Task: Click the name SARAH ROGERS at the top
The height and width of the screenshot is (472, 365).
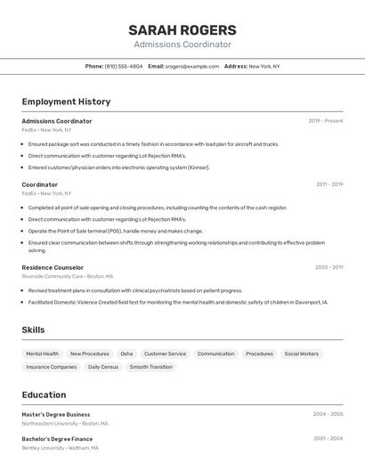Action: pos(182,30)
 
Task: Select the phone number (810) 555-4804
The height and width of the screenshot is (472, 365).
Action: pos(124,67)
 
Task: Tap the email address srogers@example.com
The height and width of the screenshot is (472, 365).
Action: pos(191,67)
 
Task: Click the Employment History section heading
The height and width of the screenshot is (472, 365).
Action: pos(66,102)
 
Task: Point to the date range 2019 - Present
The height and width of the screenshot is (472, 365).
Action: pos(326,121)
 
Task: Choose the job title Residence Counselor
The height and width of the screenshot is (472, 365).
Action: pos(53,267)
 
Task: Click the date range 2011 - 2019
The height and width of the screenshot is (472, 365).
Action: pos(329,184)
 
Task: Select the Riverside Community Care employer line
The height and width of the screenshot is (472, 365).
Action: pos(68,277)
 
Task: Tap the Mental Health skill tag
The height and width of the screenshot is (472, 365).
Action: pos(43,354)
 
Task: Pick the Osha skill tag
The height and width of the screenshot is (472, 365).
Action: pos(126,354)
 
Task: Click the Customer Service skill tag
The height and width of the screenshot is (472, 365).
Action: pos(165,354)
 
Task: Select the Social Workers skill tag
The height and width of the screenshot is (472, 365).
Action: pos(301,354)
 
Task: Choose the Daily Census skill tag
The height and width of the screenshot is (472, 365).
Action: pos(103,367)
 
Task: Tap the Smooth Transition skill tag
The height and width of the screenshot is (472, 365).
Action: pos(151,367)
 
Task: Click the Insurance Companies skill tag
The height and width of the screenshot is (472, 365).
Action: pos(52,367)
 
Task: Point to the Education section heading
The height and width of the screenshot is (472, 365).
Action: pos(44,395)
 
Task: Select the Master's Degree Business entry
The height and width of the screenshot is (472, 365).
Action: pos(56,414)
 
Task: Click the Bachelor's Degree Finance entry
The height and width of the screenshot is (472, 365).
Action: pos(57,438)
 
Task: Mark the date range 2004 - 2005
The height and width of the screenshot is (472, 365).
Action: pos(328,414)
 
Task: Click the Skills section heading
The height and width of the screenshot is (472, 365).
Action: pos(33,330)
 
